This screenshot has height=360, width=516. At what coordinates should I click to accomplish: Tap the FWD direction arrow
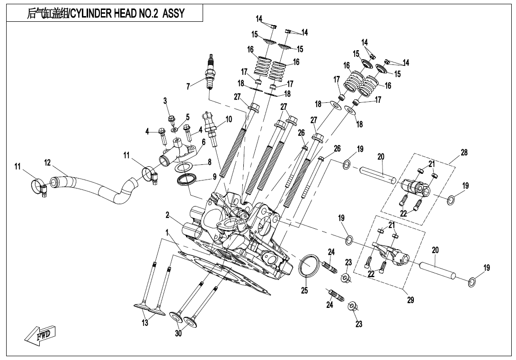(x=41, y=335)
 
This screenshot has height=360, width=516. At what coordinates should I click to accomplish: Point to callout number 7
(x=188, y=87)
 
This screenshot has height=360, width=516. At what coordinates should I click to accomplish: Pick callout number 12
(x=47, y=162)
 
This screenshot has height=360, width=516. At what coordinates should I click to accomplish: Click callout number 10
(x=229, y=119)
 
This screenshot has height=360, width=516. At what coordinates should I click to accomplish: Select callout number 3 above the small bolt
(x=165, y=100)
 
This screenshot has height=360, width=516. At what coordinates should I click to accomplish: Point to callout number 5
(x=187, y=117)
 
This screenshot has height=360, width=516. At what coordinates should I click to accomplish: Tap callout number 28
(x=463, y=153)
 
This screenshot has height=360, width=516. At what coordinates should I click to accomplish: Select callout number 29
(x=410, y=300)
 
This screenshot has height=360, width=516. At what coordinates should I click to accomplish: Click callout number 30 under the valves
(x=178, y=333)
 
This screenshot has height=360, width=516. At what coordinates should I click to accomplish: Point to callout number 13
(x=145, y=323)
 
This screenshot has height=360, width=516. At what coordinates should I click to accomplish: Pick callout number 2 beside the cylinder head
(x=168, y=215)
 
